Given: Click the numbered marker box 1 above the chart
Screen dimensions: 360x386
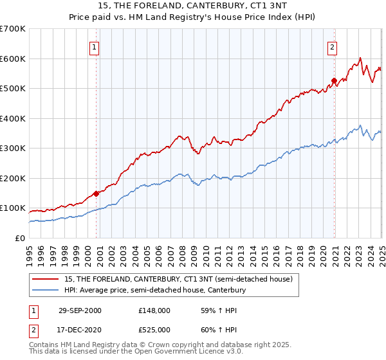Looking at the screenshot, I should point(95,46).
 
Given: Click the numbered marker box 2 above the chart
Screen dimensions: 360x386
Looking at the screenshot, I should point(333,46).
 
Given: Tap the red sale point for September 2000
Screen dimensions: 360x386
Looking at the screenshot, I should point(96,193).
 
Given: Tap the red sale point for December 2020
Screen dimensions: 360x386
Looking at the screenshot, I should point(334,81).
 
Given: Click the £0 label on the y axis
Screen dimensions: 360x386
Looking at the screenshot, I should point(20,238).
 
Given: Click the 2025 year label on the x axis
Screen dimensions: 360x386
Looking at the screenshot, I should point(381,251).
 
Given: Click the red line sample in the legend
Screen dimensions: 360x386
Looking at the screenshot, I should point(46,279).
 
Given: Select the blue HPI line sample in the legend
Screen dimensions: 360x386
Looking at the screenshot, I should point(46,290).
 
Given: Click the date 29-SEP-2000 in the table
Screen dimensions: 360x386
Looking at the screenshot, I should point(80,310).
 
